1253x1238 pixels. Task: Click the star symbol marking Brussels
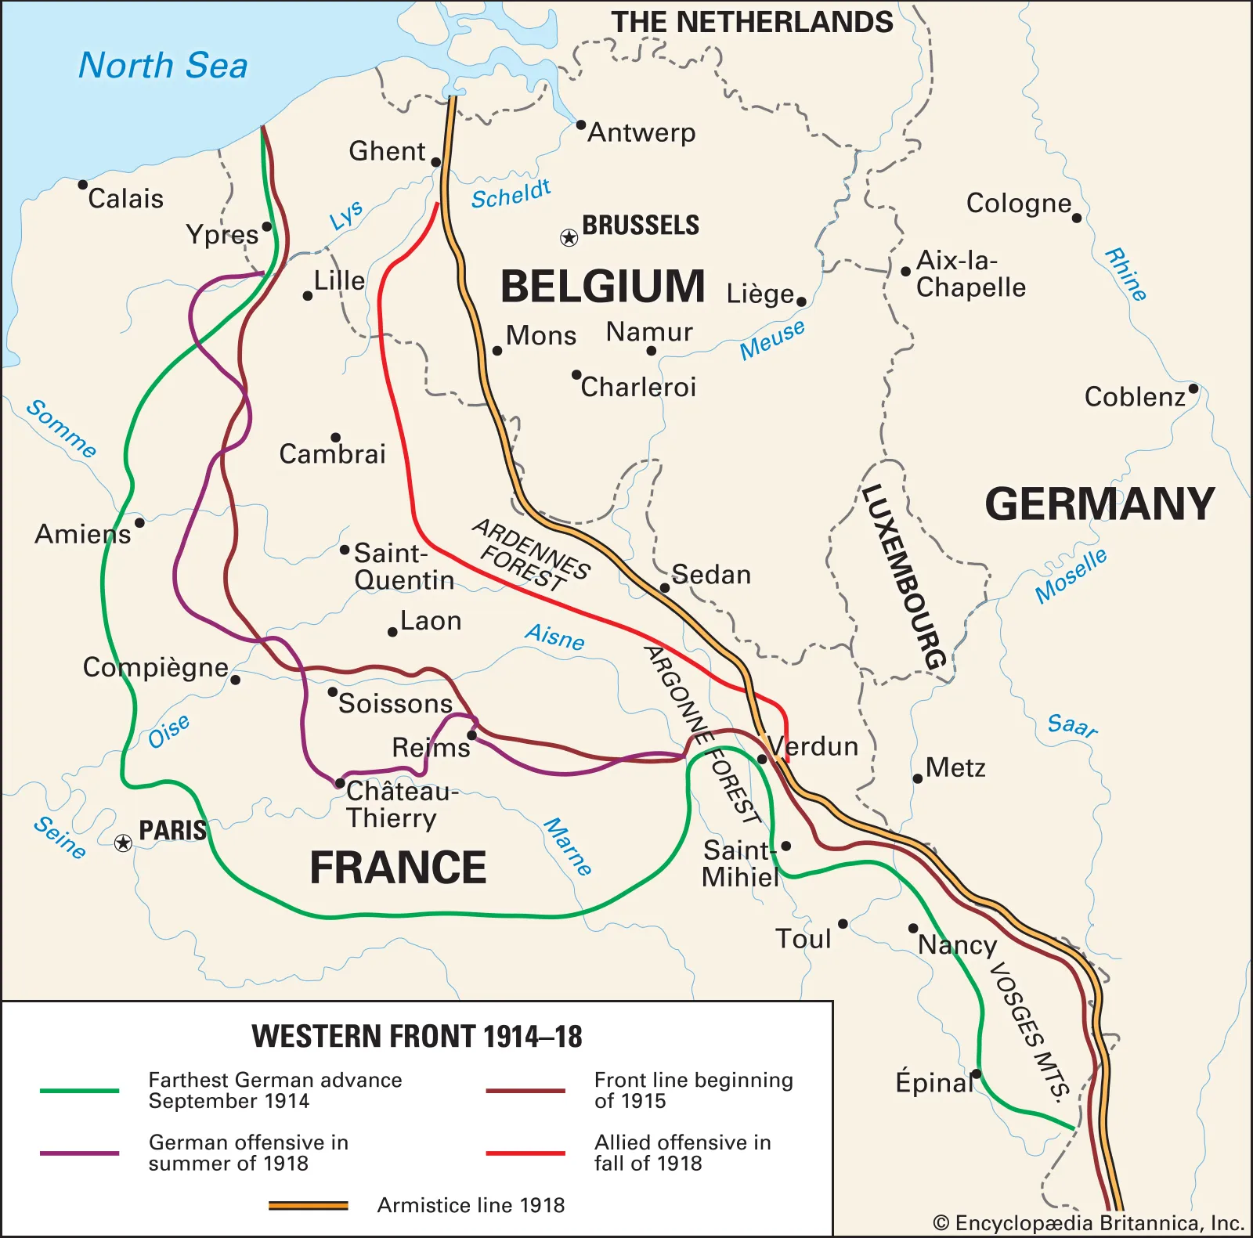[x=569, y=237]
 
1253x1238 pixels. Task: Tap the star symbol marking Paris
[x=123, y=843]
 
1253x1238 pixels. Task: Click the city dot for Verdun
[x=762, y=759]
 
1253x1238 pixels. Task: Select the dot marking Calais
[x=83, y=185]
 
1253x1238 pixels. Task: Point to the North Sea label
[x=163, y=65]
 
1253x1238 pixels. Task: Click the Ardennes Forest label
[x=530, y=555]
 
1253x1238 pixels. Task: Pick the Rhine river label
[x=1126, y=274]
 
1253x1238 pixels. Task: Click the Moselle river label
[x=1071, y=576]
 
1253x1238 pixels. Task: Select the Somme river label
[x=61, y=429]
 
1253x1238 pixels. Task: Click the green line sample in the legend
[x=79, y=1090]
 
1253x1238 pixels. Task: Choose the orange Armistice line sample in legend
[x=308, y=1205]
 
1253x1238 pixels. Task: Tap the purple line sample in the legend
[x=79, y=1153]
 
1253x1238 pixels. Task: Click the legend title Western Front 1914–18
[x=417, y=1036]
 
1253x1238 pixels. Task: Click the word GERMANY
[x=1100, y=504]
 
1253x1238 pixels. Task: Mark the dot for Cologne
[x=1077, y=218]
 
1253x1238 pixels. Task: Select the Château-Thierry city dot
[x=339, y=783]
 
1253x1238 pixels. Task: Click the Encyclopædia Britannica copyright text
[x=1089, y=1222]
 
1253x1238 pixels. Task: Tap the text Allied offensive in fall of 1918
[x=682, y=1153]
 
